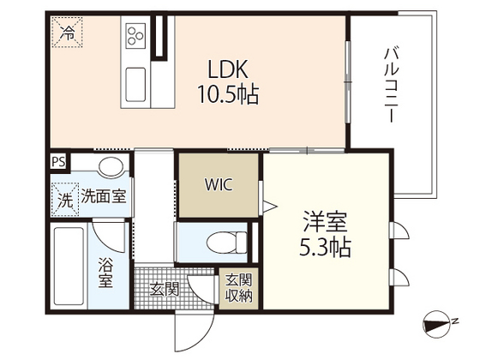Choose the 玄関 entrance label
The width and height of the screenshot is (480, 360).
click(165, 290)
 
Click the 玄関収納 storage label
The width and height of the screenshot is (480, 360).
click(239, 288)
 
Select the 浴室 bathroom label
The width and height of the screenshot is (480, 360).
click(107, 273)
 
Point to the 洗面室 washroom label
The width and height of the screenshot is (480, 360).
click(103, 196)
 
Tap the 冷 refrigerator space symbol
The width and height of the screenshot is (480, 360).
click(67, 33)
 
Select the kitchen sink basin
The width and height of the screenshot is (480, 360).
click(137, 83)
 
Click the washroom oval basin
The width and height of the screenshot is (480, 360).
click(109, 166)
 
